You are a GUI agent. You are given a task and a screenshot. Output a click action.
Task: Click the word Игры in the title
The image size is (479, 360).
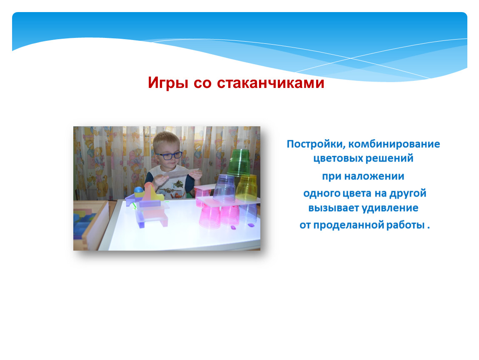(168, 83)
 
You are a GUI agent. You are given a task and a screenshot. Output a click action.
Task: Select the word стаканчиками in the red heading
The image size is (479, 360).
(270, 83)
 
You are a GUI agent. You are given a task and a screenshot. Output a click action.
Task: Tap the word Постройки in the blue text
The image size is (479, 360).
(316, 144)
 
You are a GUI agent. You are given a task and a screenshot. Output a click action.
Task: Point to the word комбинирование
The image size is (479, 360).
(394, 144)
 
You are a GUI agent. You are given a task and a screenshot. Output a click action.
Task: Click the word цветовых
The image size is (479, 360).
(338, 159)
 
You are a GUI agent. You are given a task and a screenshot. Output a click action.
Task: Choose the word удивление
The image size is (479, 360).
(390, 208)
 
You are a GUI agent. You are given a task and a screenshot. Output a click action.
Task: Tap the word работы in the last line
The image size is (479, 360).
(406, 225)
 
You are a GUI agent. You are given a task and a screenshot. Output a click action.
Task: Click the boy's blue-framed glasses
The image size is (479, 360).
(169, 155)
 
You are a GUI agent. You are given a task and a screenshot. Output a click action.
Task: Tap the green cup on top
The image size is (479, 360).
(239, 162)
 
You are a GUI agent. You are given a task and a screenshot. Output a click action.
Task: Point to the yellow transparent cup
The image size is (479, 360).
(246, 187)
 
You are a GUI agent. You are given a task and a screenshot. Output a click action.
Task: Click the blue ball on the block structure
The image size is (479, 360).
(139, 190)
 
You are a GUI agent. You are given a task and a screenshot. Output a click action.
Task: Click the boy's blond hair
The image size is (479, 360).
(166, 141)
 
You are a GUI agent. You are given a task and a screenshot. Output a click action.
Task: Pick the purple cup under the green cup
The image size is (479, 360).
(225, 189)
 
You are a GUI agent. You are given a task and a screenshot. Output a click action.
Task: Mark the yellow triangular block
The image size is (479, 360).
(151, 192)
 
